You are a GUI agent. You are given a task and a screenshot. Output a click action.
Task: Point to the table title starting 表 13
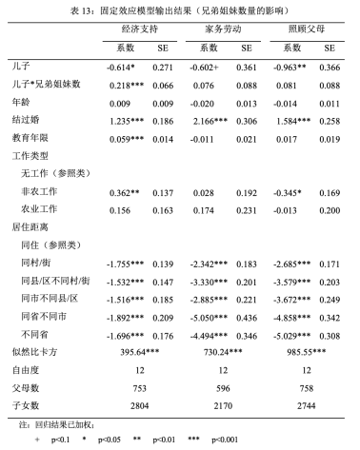(180, 9)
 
